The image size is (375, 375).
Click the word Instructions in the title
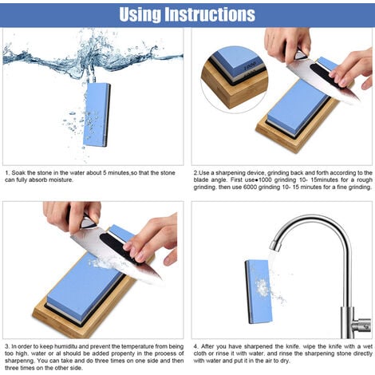(210, 14)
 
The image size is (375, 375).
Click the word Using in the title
(140, 15)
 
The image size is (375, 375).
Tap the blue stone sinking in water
(97, 115)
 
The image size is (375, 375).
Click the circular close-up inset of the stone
(235, 79)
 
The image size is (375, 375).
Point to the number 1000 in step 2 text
(265, 180)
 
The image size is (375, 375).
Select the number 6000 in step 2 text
(250, 187)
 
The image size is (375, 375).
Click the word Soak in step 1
(18, 173)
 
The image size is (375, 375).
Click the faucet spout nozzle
(274, 245)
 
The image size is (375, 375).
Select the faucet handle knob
(365, 326)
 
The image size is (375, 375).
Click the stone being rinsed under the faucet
(259, 292)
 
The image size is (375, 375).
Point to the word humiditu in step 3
(66, 346)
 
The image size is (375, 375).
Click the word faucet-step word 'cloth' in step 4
(200, 353)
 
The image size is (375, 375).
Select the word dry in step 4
(285, 361)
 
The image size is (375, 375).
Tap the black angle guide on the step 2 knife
(326, 75)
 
